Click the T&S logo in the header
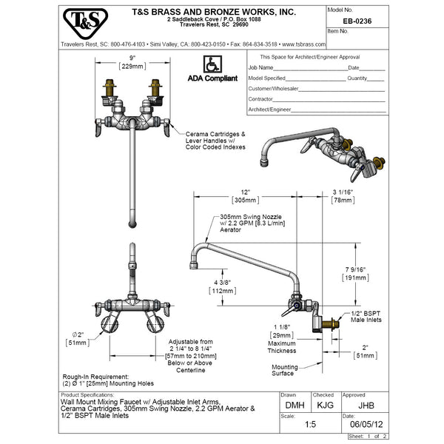(x=82, y=24)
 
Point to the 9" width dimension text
(x=132, y=57)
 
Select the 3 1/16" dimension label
(x=342, y=191)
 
